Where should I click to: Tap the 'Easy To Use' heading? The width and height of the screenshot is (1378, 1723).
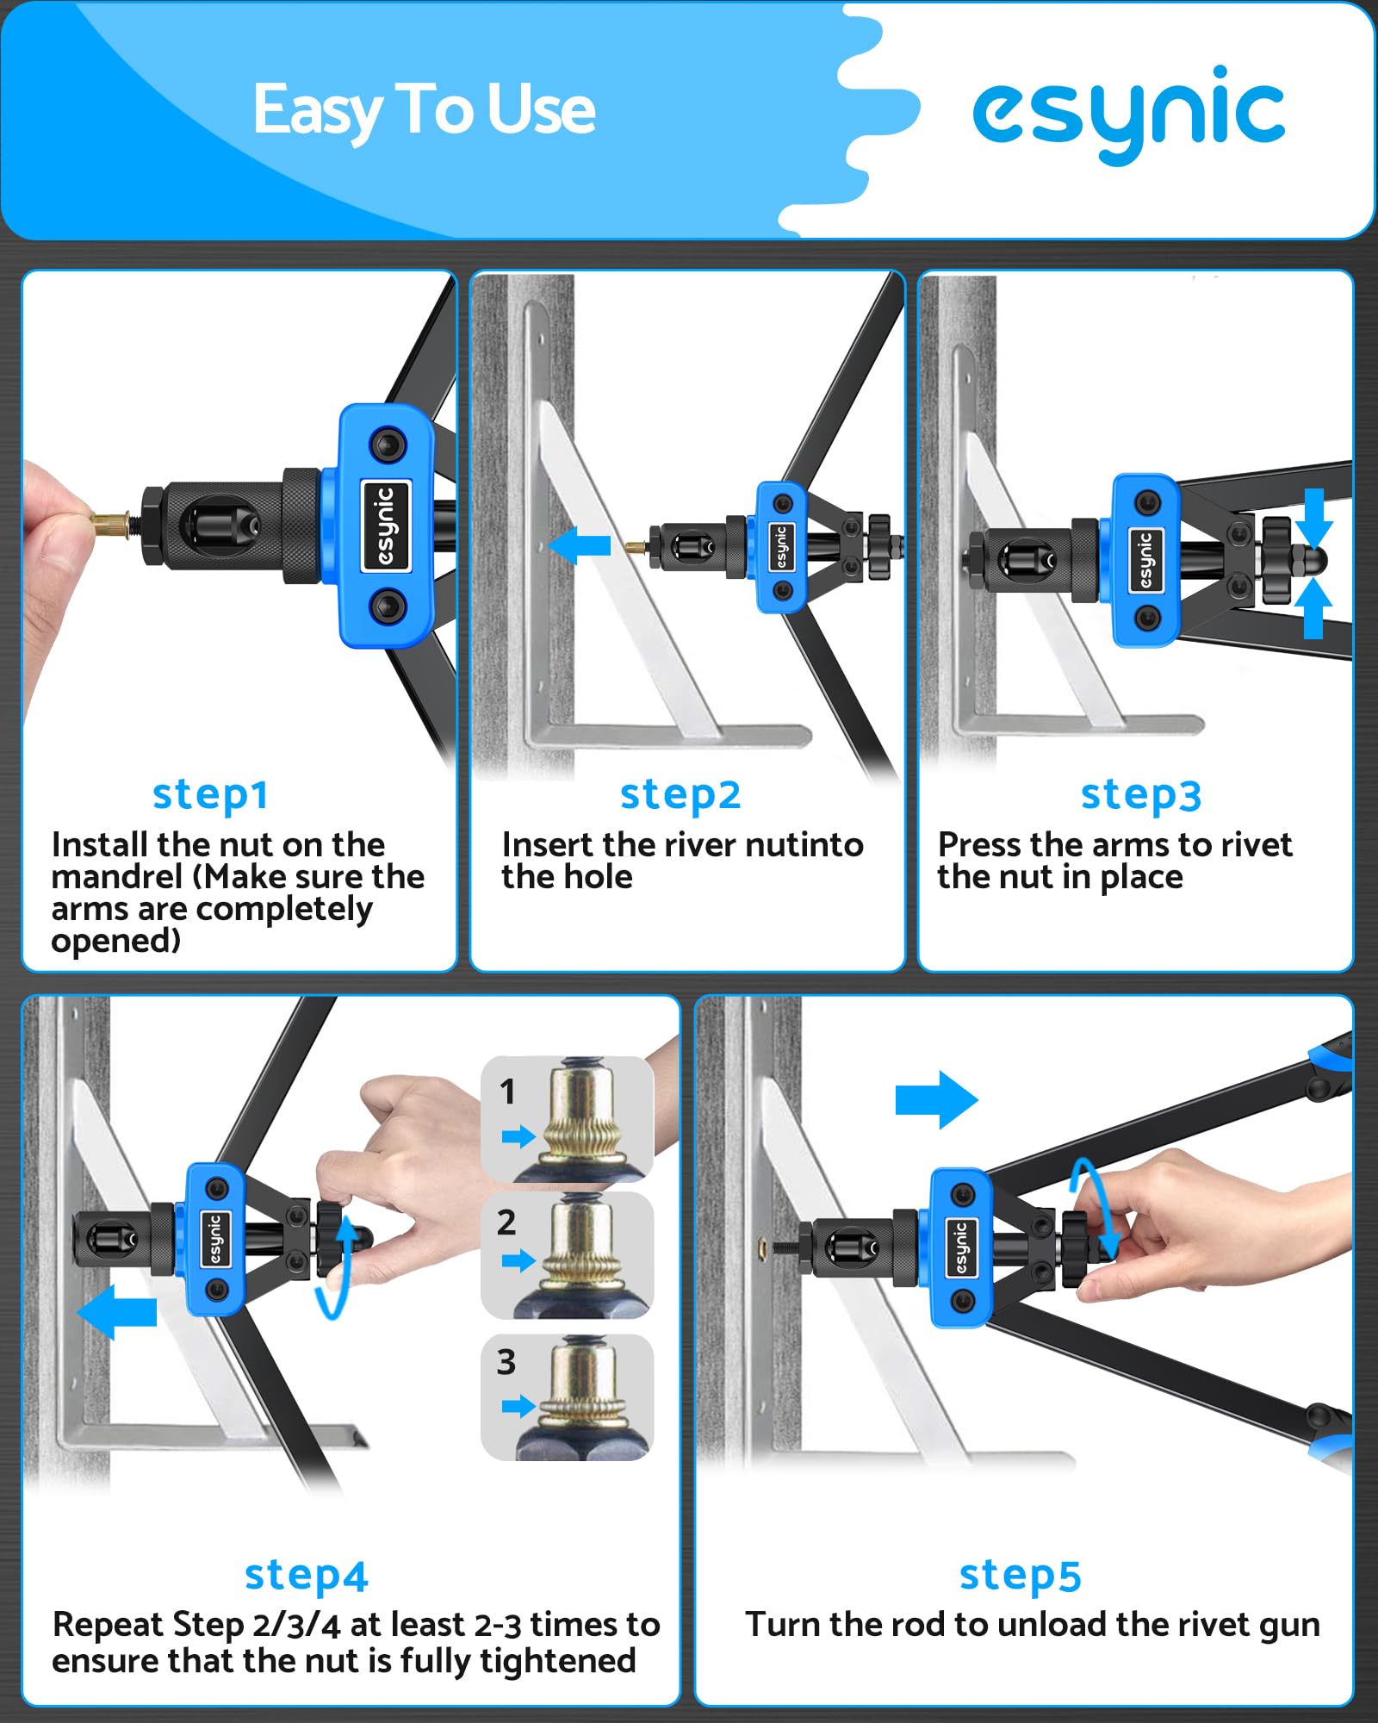[424, 110]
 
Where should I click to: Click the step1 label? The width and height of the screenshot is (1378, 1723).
[210, 795]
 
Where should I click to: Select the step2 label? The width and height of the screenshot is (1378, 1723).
[680, 795]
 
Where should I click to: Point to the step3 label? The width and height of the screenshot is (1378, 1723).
[1141, 795]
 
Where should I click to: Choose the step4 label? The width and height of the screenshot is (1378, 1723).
[306, 1576]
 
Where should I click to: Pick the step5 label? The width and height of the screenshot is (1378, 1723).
[1020, 1576]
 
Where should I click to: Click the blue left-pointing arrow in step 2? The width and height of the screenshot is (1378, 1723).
[579, 545]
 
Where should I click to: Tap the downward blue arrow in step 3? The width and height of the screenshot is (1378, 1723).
[1313, 519]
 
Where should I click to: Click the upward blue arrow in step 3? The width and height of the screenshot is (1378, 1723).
[1313, 608]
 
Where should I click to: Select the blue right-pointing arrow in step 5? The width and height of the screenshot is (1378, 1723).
[937, 1100]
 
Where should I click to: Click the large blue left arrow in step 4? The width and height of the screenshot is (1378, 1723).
[116, 1312]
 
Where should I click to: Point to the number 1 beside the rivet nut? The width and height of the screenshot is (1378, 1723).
[507, 1092]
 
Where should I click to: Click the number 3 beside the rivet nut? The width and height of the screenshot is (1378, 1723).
[506, 1362]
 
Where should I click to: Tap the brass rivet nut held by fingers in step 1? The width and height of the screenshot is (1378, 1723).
[111, 522]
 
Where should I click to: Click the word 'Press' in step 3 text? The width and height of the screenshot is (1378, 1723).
[978, 845]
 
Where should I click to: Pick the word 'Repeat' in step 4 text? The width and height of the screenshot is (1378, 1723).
[109, 1625]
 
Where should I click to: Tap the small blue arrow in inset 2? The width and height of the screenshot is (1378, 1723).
[518, 1261]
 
